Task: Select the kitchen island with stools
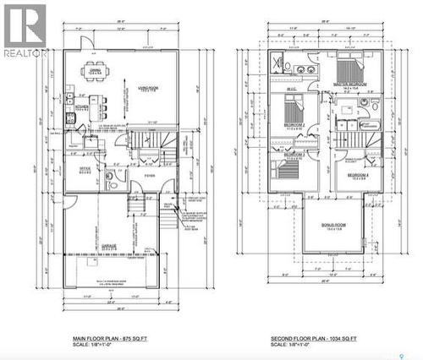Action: point(100,107)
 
